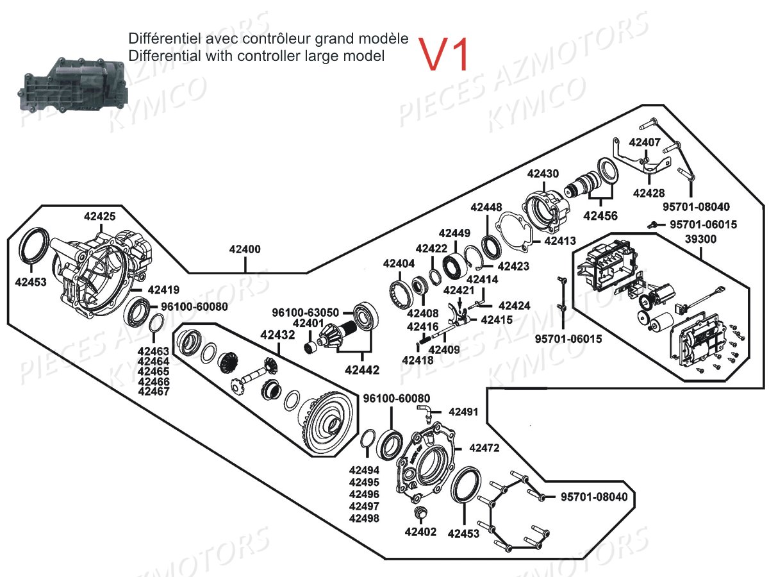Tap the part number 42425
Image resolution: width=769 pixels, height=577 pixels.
tap(100, 217)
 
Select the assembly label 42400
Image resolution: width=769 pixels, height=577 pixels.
tap(245, 249)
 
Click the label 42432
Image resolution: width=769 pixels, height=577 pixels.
tap(277, 335)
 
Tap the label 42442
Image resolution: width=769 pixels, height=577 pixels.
tap(361, 370)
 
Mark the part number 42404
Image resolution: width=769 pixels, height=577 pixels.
tap(399, 263)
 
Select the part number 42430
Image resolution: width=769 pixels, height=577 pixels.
tap(543, 173)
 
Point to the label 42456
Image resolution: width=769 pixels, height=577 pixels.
tap(600, 216)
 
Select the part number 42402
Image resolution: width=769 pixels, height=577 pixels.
tap(420, 531)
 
